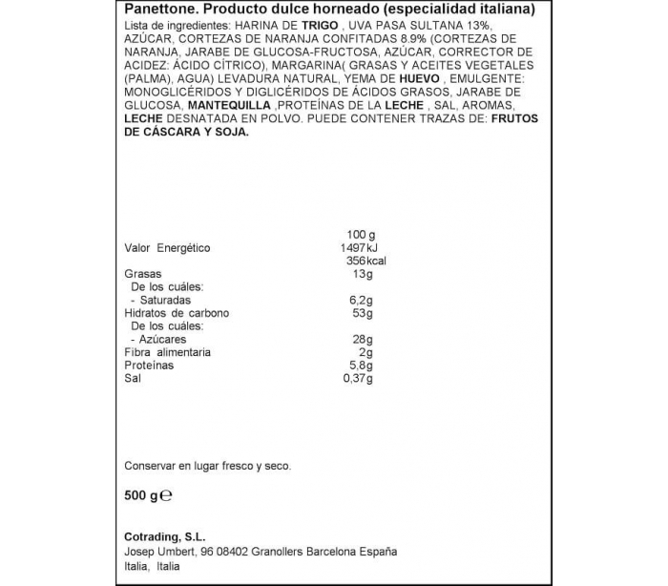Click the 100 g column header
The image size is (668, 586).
359,235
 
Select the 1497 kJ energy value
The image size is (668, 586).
354,248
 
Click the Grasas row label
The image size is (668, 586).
143,274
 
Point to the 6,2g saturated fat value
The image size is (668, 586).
359,300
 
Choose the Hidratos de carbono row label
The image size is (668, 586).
177,313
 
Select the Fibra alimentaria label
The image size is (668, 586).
169,353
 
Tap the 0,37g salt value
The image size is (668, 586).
357,379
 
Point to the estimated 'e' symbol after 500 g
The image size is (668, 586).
166,496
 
